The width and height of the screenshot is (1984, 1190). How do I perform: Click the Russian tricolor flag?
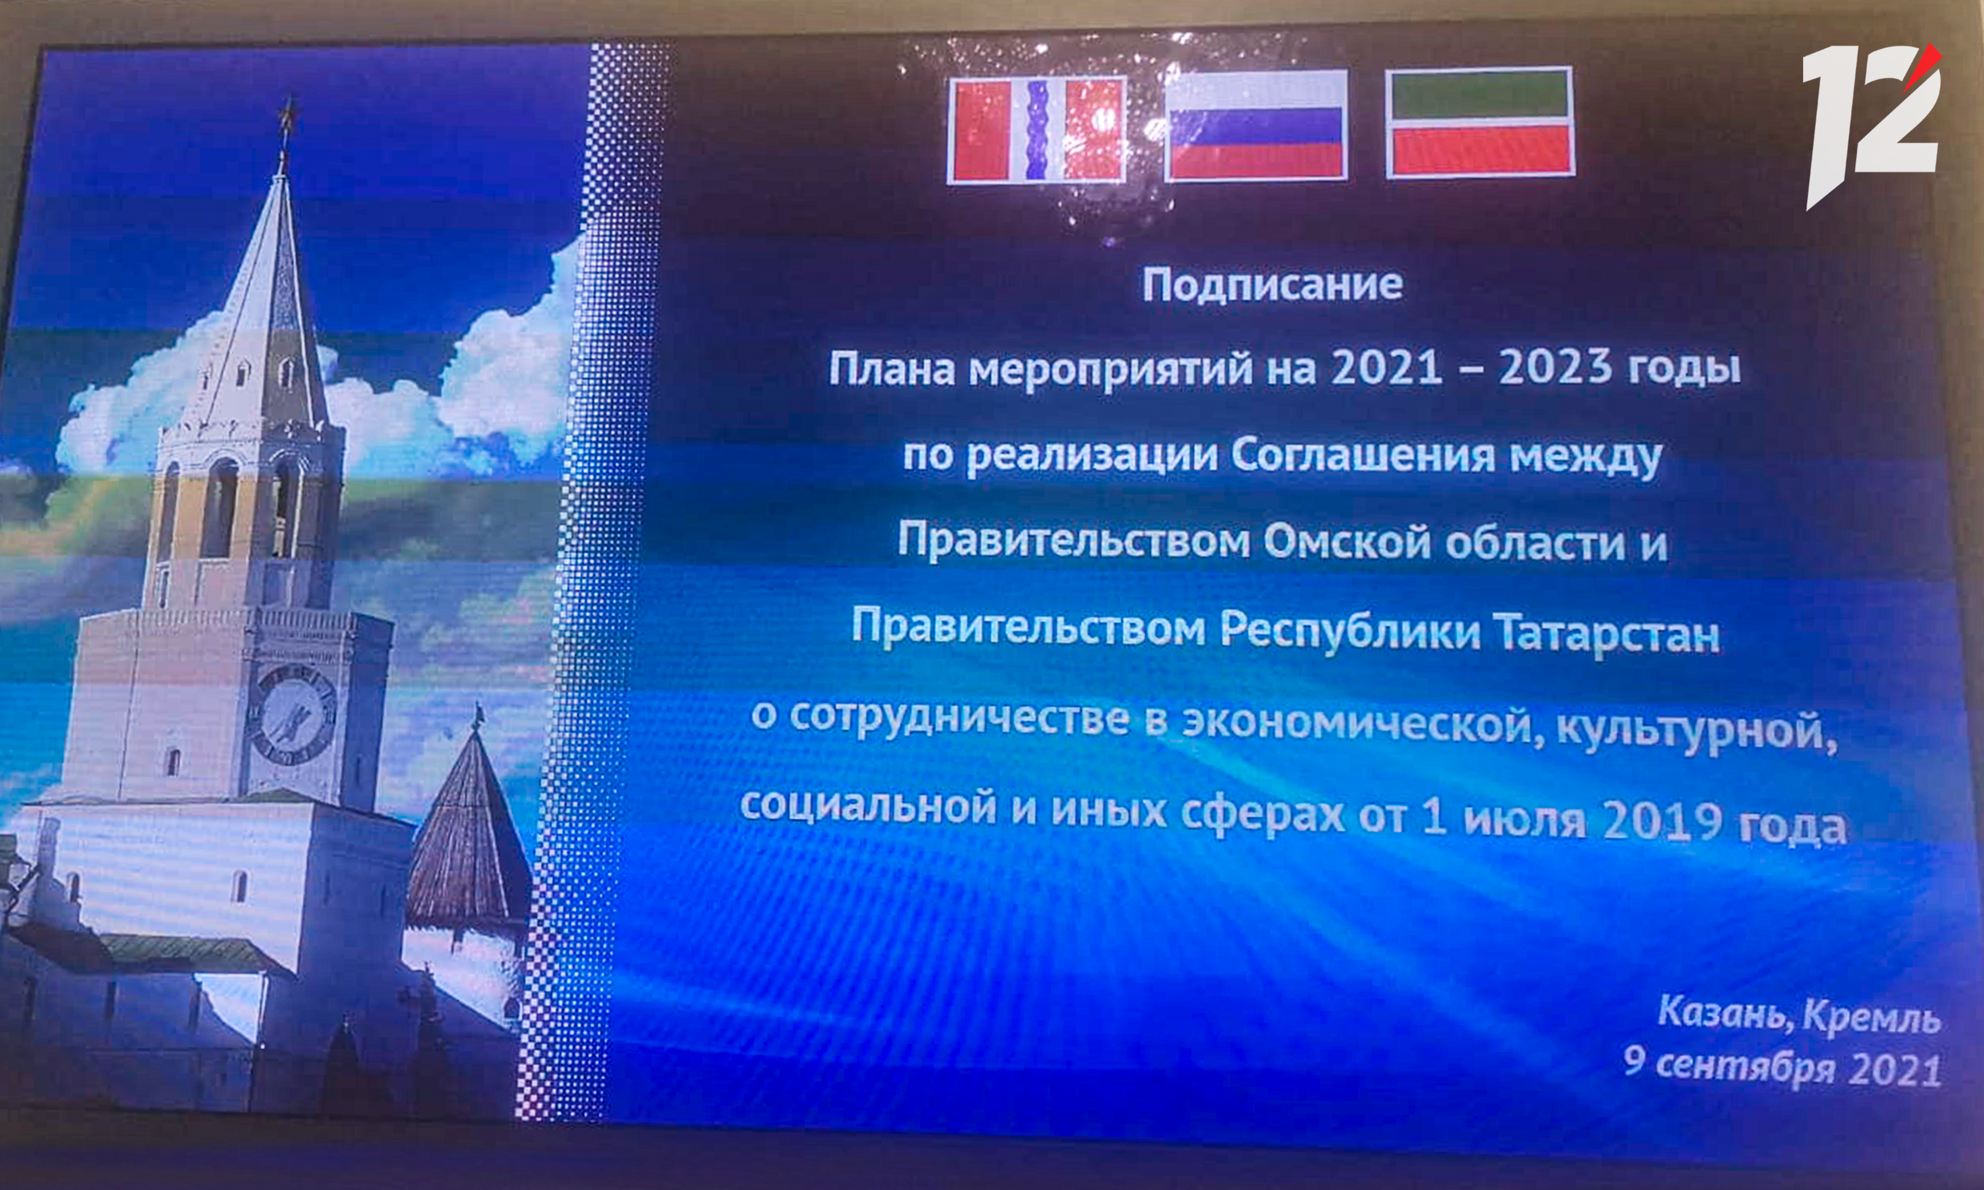(x=1256, y=124)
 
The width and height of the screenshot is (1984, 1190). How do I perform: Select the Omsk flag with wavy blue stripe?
(x=1037, y=130)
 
